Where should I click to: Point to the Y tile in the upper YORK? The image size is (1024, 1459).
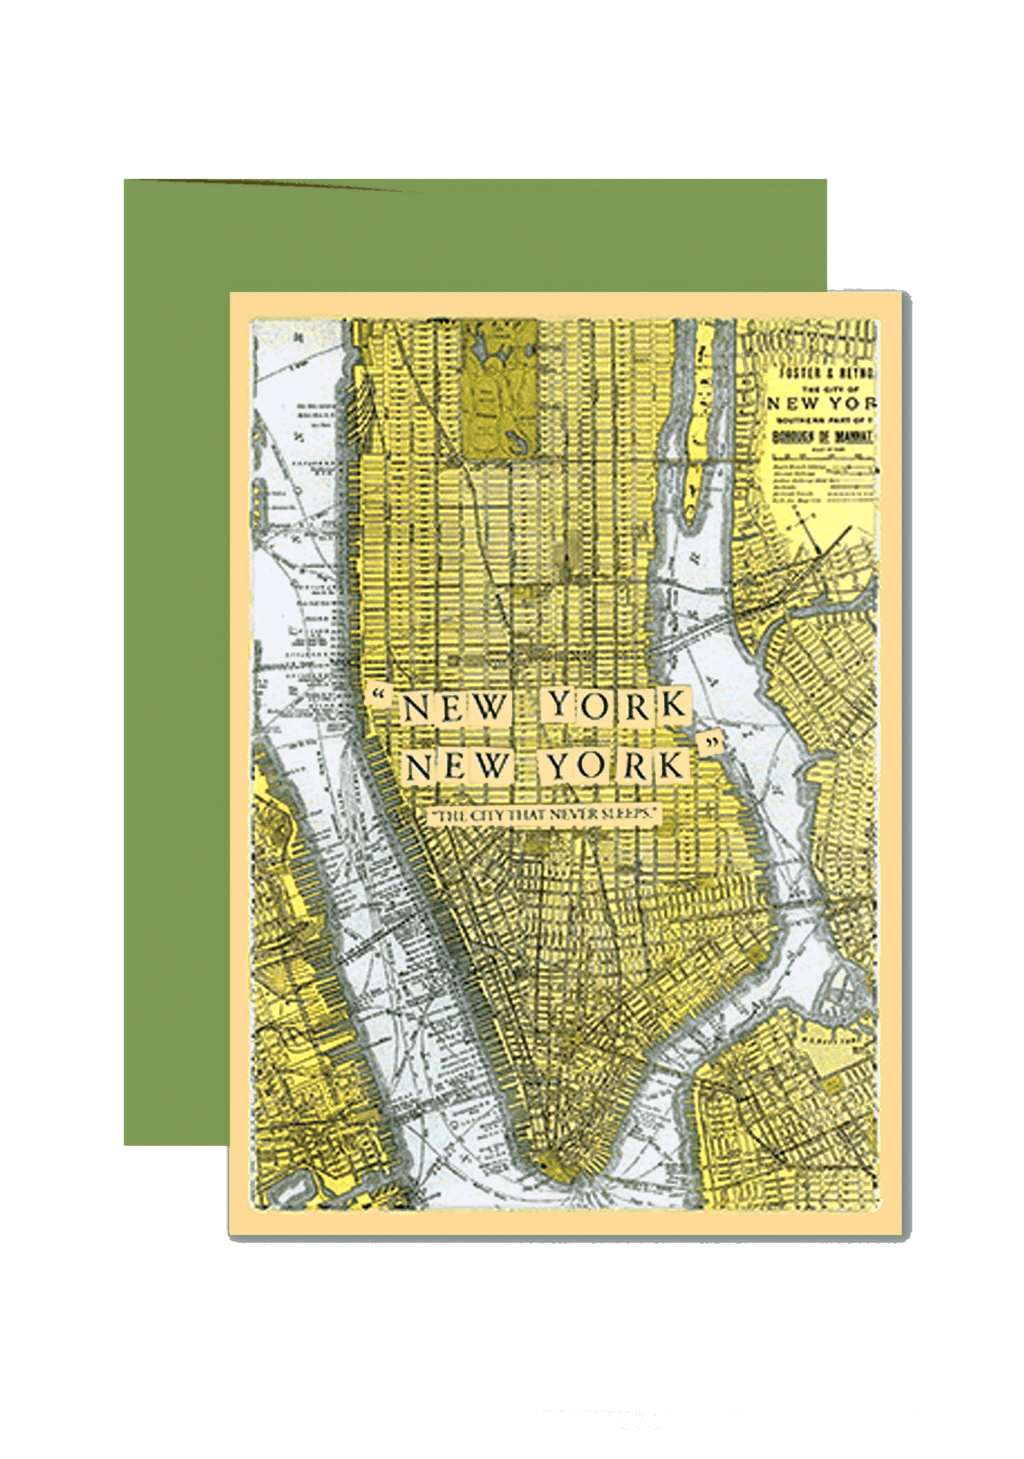[x=563, y=705]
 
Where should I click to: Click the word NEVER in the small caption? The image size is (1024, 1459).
[x=571, y=817]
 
